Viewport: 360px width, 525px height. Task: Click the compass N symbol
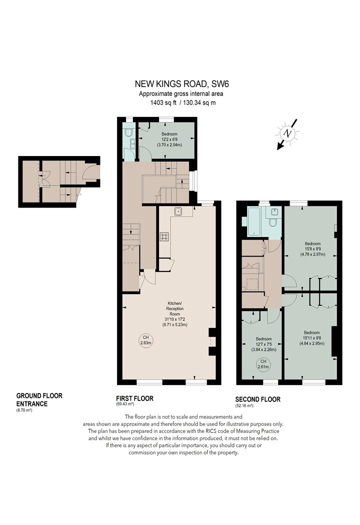pyautogui.click(x=287, y=133)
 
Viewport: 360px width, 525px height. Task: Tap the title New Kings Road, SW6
pyautogui.click(x=182, y=83)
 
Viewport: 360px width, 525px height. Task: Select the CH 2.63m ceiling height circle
pyautogui.click(x=145, y=340)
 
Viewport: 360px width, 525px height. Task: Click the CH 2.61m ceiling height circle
pyautogui.click(x=263, y=364)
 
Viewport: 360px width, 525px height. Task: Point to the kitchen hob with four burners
pyautogui.click(x=164, y=236)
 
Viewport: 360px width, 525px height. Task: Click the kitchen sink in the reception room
pyautogui.click(x=178, y=211)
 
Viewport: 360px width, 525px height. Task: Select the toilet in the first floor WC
pyautogui.click(x=127, y=133)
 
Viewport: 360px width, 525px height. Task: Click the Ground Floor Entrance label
pyautogui.click(x=39, y=400)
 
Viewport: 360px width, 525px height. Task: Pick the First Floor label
pyautogui.click(x=134, y=398)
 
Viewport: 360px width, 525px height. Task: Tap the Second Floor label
pyautogui.click(x=258, y=399)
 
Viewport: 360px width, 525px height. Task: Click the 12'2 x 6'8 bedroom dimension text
pyautogui.click(x=169, y=139)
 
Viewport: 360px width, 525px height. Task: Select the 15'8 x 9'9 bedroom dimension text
pyautogui.click(x=312, y=249)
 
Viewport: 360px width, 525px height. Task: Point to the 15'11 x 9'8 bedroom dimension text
pyautogui.click(x=312, y=338)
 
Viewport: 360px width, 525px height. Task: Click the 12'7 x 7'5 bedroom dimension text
pyautogui.click(x=263, y=344)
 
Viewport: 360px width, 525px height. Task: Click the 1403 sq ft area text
pyautogui.click(x=163, y=103)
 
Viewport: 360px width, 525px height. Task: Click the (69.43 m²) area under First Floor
pyautogui.click(x=125, y=404)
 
